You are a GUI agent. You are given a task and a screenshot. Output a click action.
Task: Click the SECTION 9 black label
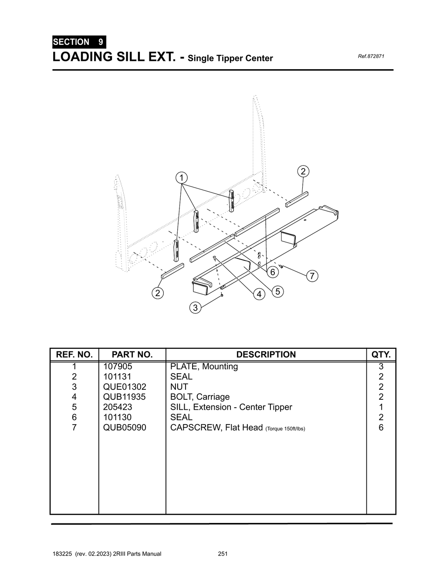pos(79,42)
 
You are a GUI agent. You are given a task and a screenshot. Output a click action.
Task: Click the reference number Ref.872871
pos(371,57)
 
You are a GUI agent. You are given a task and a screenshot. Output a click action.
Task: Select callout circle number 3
pos(195,308)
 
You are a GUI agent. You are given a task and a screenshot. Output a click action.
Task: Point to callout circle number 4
pos(259,294)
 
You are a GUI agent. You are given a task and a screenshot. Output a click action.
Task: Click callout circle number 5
pos(277,291)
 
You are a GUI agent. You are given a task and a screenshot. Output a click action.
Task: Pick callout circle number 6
pos(273,272)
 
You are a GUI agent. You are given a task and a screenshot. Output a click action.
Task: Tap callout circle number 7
pos(312,276)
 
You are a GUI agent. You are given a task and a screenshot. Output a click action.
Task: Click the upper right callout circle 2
pos(303,171)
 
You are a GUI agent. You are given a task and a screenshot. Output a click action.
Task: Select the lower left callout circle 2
pos(158,293)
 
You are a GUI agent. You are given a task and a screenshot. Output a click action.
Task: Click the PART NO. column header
pos(132,354)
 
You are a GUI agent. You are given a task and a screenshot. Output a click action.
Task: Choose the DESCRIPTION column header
pos(266,354)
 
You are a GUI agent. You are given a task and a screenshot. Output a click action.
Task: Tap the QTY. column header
pos(381,354)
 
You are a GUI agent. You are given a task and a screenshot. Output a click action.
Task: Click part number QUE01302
pos(125,387)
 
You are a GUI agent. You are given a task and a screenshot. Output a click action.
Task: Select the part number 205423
pos(118,407)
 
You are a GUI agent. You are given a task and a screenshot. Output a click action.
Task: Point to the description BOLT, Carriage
pos(200,397)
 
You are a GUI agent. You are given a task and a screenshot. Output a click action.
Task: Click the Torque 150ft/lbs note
pos(285,429)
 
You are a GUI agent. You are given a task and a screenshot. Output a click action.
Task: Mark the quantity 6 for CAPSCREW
pos(381,428)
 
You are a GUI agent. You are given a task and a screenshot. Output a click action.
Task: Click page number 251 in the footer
pos(223,554)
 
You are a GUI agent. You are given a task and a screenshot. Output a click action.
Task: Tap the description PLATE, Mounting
pos(204,366)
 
